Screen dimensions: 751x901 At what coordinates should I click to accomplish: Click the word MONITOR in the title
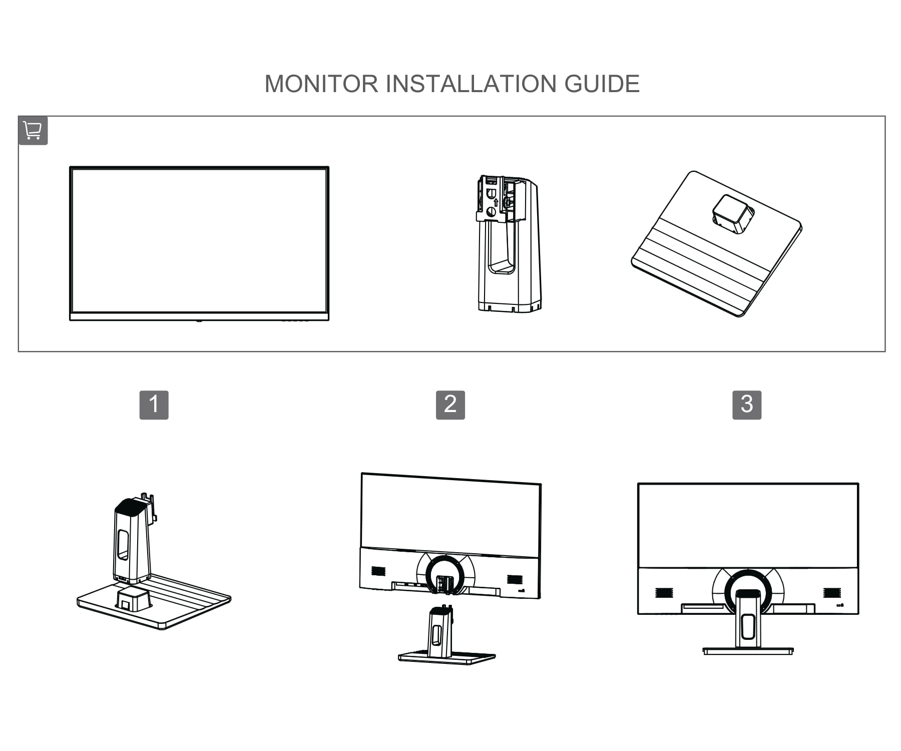321,84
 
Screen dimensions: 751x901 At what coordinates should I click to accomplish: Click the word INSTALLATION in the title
471,84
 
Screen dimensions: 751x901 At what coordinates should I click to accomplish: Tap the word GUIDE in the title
602,84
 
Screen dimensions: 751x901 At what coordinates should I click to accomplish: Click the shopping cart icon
33,131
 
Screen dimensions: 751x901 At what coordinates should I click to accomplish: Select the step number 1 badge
154,405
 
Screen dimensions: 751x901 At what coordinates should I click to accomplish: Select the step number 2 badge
450,405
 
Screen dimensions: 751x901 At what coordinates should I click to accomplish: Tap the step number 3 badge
746,405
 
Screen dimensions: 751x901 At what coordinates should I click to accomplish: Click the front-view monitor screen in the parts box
199,240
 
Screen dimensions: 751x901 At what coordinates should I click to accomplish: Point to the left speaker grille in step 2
378,571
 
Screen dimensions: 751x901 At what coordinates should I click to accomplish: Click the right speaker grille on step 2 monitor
515,579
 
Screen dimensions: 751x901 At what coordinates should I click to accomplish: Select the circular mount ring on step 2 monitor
445,571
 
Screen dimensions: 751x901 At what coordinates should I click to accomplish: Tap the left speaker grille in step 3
664,593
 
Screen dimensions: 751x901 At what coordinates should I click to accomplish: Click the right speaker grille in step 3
831,593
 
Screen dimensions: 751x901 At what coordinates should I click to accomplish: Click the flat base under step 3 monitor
748,651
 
